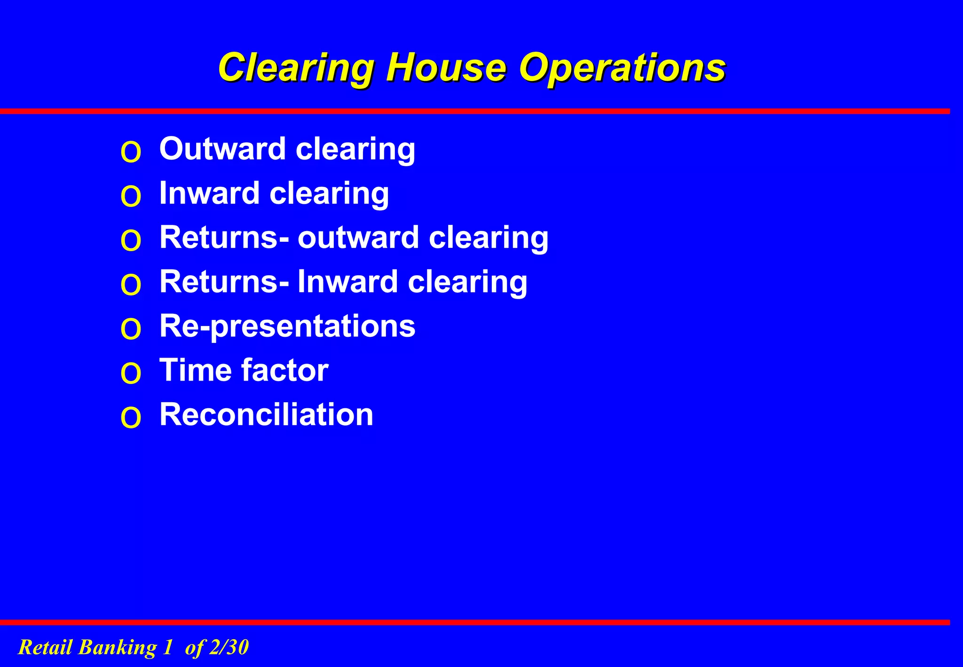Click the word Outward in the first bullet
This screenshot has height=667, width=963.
(222, 149)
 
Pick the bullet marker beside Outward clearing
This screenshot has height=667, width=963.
(131, 152)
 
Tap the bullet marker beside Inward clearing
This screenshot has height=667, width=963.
(131, 197)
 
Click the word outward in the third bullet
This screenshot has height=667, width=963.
(358, 237)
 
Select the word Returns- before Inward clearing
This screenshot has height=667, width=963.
(224, 281)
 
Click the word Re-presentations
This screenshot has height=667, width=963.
(287, 326)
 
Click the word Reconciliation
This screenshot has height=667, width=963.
(266, 414)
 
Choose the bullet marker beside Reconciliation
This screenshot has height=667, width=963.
(131, 418)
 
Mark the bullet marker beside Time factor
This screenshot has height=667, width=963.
(131, 373)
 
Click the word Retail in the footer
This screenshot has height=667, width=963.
(45, 647)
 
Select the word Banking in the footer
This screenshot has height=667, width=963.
(117, 648)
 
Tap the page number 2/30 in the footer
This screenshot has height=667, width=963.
(229, 647)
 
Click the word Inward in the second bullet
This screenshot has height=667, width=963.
(209, 193)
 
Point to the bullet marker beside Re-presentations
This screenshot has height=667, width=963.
(131, 329)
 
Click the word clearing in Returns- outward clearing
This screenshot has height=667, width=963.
(488, 238)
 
